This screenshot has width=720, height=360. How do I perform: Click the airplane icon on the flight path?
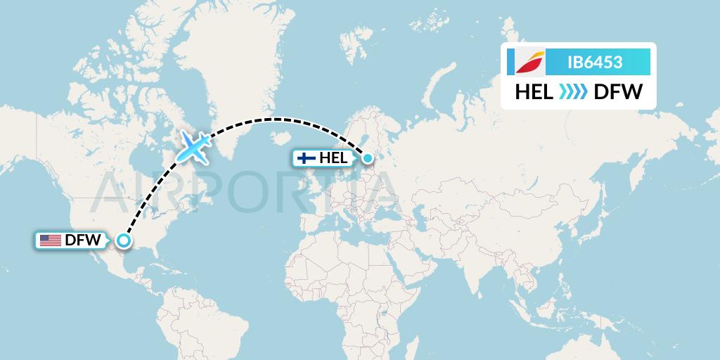point(194,146)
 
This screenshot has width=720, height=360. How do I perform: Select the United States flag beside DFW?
point(50,240)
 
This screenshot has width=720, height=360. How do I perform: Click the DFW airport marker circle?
point(124,240)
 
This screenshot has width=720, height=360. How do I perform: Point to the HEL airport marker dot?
point(367,157)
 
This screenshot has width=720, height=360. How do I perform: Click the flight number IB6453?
point(594,62)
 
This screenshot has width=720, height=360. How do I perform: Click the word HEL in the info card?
point(534,91)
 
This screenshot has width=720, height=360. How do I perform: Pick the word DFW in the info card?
point(618,91)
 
